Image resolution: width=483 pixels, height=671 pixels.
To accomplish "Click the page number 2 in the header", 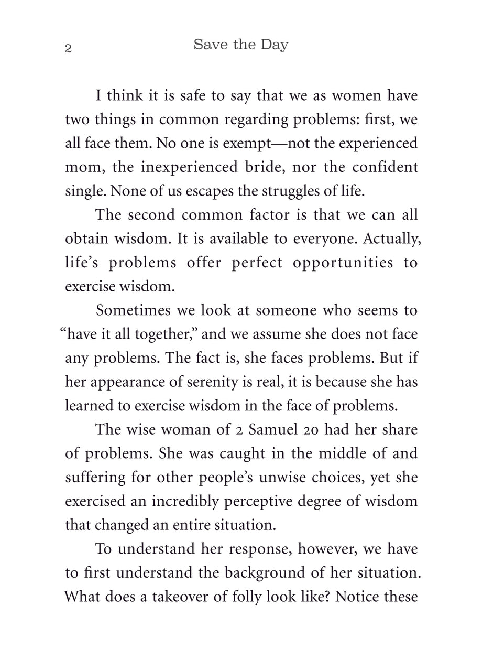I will (68, 49).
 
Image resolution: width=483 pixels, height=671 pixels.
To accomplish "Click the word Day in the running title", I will (275, 45).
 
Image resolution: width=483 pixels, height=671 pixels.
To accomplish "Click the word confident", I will (385, 167).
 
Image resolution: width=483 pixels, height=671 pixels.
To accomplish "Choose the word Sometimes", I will (134, 310).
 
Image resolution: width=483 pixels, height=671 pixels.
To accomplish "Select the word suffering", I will (95, 478).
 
